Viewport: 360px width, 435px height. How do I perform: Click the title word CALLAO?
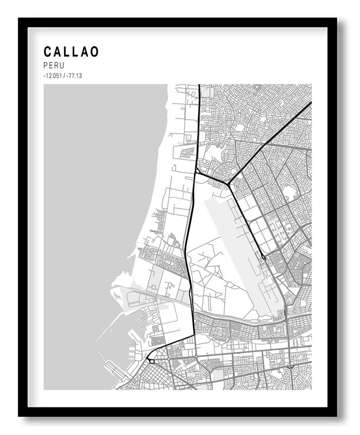[x=71, y=52]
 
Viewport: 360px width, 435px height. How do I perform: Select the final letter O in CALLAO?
[x=94, y=52]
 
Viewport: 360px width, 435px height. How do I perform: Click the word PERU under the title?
[x=54, y=66]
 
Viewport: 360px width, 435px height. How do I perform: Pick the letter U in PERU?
[x=61, y=66]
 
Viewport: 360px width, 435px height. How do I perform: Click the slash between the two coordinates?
[x=66, y=75]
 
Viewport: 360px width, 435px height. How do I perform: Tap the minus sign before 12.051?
[x=44, y=75]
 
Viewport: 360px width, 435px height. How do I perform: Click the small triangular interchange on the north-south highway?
[x=198, y=171]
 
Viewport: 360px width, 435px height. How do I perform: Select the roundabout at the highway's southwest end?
[x=151, y=361]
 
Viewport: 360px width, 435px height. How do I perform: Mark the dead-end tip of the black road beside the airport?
[x=263, y=257]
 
